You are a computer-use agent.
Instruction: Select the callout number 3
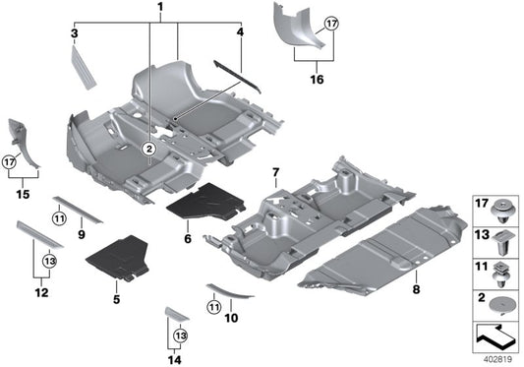point(74,34)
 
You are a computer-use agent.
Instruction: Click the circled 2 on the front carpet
point(149,149)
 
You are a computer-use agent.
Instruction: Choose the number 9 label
point(80,235)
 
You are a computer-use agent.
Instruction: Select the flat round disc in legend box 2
point(501,307)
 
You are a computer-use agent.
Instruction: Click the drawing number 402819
point(499,359)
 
